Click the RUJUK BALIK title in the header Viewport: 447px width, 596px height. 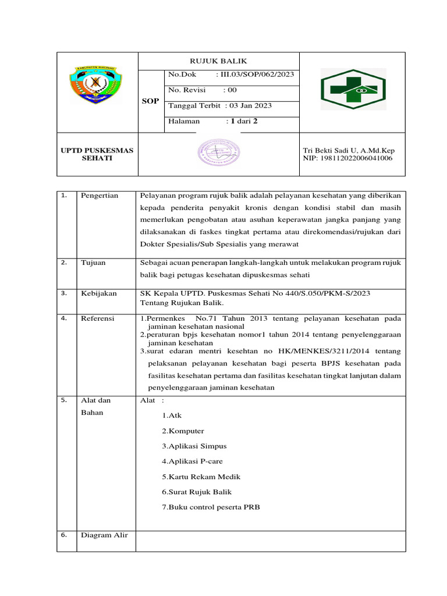coord(218,61)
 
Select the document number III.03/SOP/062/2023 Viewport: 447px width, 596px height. coord(255,74)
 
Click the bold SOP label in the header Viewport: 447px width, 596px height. coord(150,101)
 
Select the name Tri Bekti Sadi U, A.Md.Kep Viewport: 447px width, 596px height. coord(349,150)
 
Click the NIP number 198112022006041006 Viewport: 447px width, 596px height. coord(347,158)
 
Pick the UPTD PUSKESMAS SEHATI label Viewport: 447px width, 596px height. coord(97,154)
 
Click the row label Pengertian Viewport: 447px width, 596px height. coord(100,196)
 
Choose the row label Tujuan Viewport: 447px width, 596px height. coord(93,263)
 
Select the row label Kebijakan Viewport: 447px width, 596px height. coord(99,293)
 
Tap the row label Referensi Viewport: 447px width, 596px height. coord(98,318)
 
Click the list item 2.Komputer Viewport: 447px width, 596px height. coord(183,431)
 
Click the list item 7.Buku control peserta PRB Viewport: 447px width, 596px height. coord(211,507)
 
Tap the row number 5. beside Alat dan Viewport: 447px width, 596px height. coord(65,400)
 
